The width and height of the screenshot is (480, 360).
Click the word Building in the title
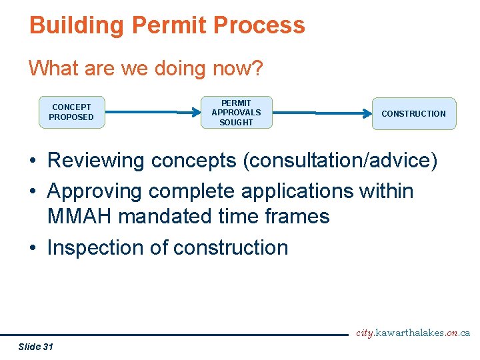(x=77, y=25)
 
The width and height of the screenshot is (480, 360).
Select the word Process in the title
(x=260, y=25)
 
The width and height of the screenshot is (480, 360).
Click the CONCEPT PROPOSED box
(x=71, y=112)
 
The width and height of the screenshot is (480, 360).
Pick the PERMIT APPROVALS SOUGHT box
(x=236, y=113)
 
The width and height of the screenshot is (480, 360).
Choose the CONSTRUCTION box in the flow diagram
(x=413, y=114)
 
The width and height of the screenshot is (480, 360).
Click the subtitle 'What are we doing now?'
(x=146, y=68)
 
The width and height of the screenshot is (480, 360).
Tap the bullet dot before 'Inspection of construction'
(x=33, y=248)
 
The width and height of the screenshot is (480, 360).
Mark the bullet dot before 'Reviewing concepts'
(x=33, y=161)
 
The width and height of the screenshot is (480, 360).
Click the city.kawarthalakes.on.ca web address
(x=413, y=333)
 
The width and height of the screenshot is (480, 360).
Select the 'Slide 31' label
(x=36, y=346)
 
